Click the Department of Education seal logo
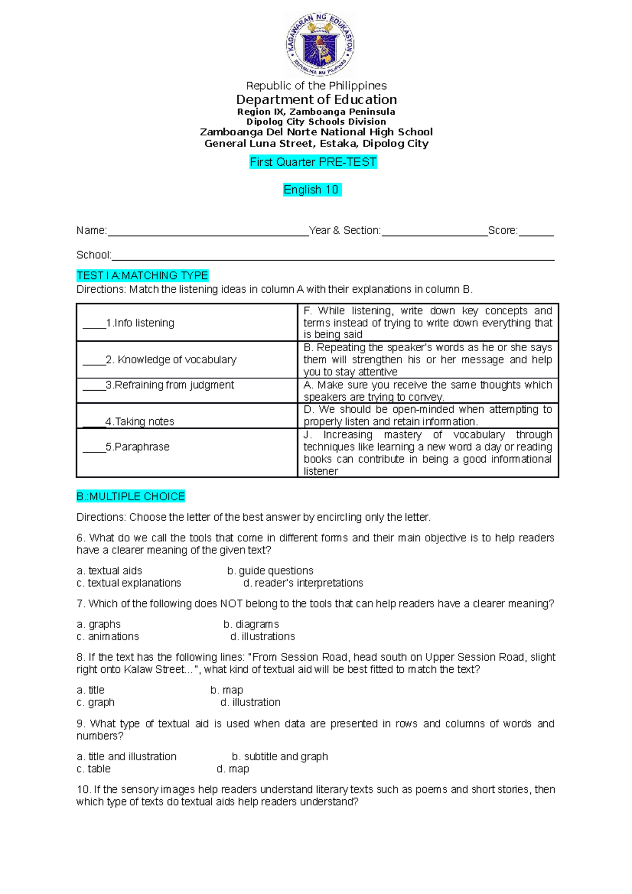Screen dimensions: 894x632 coord(320,45)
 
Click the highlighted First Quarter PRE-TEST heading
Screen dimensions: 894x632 coord(313,162)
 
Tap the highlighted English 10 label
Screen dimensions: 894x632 coord(312,190)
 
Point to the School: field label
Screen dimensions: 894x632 coord(94,255)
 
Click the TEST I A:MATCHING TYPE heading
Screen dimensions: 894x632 coord(142,275)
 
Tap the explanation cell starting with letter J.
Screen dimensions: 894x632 coord(428,453)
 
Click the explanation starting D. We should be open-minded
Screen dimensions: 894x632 coord(428,415)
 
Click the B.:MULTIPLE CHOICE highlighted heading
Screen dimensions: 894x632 coord(131,496)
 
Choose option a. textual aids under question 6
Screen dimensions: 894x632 coord(110,571)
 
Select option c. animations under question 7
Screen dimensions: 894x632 coord(108,637)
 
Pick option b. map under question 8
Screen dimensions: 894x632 coord(227,690)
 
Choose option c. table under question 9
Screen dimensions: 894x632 coord(94,769)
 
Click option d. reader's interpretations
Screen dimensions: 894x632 coord(303,583)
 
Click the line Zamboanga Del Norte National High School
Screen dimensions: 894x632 coord(316,132)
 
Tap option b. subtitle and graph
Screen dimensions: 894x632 coord(280,757)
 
